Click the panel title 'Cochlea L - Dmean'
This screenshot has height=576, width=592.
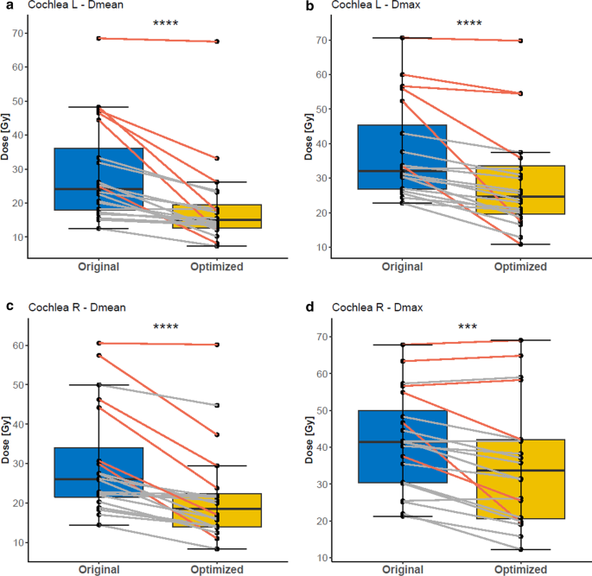(x=67, y=6)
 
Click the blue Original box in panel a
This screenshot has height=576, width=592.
(x=99, y=179)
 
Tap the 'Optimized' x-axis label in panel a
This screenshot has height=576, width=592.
(x=216, y=268)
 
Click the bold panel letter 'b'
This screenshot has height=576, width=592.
(x=310, y=6)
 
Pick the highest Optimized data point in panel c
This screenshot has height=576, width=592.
(x=217, y=345)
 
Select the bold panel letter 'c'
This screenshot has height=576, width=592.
(x=7, y=307)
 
